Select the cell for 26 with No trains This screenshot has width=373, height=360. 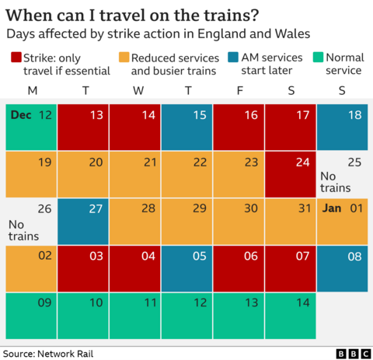click(31, 222)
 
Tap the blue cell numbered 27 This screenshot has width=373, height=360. click(83, 222)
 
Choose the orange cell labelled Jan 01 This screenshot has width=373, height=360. click(342, 222)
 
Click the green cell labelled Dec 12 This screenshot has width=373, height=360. click(31, 127)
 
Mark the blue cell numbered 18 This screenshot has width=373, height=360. click(342, 127)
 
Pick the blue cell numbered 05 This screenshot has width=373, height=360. click(186, 268)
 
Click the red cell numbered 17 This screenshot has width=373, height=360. click(290, 127)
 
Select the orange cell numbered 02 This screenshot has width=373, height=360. click(31, 268)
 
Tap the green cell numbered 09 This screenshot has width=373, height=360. click(31, 315)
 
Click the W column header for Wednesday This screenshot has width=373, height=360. click(137, 91)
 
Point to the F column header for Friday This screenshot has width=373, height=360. click(239, 91)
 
